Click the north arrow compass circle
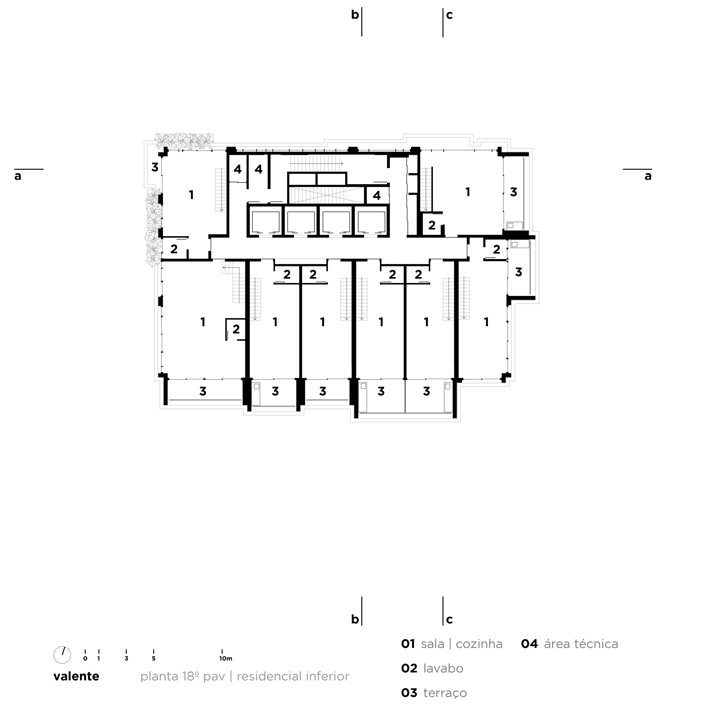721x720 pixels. tap(62, 655)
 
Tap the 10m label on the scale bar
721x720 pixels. tap(226, 658)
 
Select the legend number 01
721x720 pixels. tap(408, 644)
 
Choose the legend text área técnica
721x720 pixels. tap(581, 644)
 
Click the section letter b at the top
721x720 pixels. tap(355, 15)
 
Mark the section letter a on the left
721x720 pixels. tap(18, 176)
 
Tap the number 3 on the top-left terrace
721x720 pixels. tap(155, 168)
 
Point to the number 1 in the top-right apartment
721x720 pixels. tap(468, 192)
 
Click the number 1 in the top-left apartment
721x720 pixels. tap(191, 195)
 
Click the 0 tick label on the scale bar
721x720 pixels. tap(85, 658)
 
